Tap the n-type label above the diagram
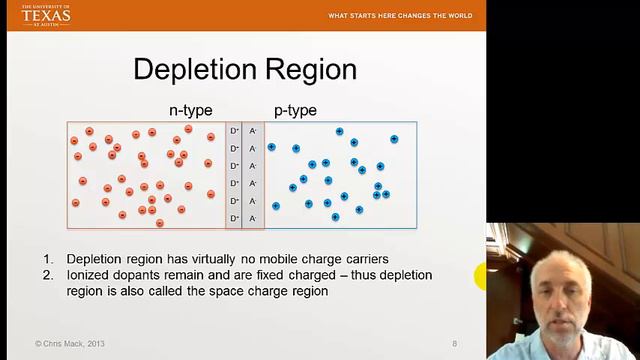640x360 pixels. [190, 110]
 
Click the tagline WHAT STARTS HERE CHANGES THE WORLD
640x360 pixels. [399, 16]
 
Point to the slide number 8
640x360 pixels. [454, 344]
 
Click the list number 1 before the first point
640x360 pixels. [48, 259]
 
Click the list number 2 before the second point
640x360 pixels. [48, 275]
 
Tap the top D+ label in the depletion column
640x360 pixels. [235, 131]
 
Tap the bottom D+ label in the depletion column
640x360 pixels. [235, 218]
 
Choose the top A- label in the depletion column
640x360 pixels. [253, 131]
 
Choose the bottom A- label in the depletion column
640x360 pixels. [253, 218]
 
